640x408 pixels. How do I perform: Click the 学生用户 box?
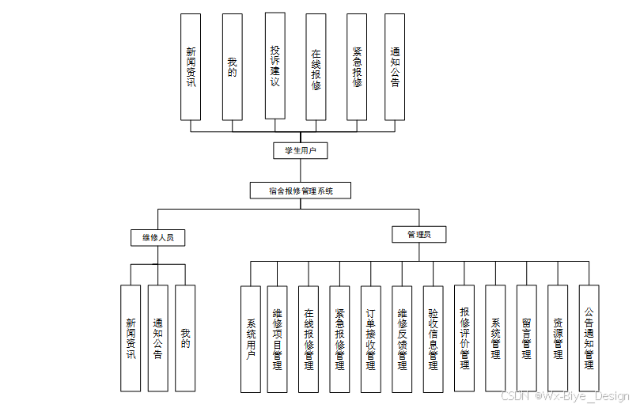point(300,150)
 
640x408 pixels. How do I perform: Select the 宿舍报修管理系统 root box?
point(300,191)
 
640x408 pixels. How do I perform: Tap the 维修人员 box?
point(157,236)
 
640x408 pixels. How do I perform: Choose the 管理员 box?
point(419,235)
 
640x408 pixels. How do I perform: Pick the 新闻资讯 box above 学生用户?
point(191,67)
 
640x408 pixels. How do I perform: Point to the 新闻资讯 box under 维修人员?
point(131,338)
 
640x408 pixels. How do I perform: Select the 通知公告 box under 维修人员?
point(157,338)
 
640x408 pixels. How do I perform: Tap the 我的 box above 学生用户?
point(232,67)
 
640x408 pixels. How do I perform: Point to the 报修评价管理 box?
point(464,338)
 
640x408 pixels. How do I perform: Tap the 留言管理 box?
point(527,338)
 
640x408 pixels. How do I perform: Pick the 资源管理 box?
point(558,338)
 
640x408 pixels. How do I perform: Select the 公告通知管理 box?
point(589,338)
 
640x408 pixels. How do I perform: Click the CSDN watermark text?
point(565,396)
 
